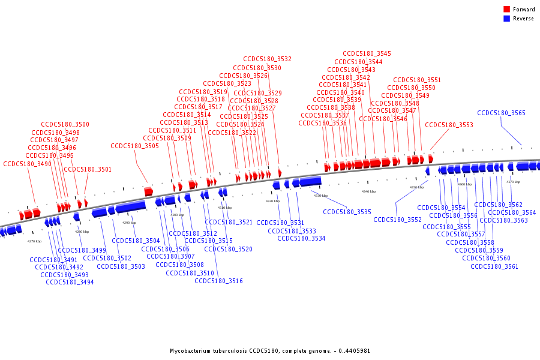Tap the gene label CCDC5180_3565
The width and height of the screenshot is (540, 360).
[501, 113]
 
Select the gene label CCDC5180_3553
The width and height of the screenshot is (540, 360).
[449, 125]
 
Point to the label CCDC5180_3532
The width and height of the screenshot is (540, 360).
[267, 59]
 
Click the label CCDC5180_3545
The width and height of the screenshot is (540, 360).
[367, 54]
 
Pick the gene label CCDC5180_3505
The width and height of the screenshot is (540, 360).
[134, 146]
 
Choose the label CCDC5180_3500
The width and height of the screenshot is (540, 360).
[65, 125]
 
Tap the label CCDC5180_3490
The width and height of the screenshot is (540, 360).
[27, 164]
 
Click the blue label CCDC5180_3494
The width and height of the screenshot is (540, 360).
[70, 282]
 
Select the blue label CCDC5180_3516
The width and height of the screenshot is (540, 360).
[218, 281]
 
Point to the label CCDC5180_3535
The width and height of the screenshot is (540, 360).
[347, 212]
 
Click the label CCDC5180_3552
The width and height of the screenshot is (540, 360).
[397, 220]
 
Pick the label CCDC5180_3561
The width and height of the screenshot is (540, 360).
[494, 266]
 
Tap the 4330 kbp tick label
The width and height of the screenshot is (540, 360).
[320, 196]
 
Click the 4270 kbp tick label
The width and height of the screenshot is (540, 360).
[34, 241]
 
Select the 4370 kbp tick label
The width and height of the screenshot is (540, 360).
[513, 182]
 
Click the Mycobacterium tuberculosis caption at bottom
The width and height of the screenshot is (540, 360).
[270, 350]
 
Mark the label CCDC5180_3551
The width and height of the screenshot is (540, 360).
[417, 80]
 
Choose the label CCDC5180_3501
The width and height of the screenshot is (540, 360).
[88, 169]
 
